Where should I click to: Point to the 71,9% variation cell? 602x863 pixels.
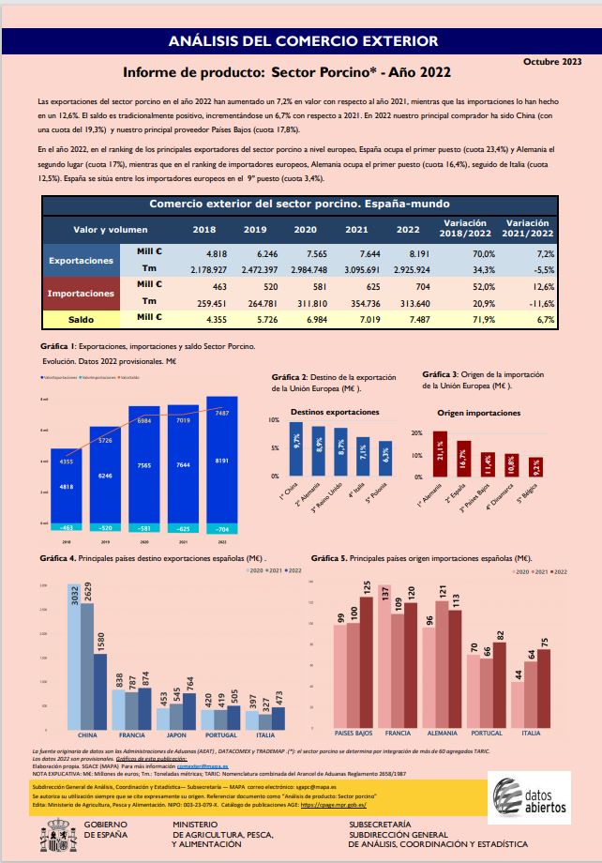pos(466,318)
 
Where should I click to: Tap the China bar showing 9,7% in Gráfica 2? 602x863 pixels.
pos(296,448)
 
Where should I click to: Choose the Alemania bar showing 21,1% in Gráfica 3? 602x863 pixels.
pos(440,456)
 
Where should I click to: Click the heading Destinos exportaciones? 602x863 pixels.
pos(335,412)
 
